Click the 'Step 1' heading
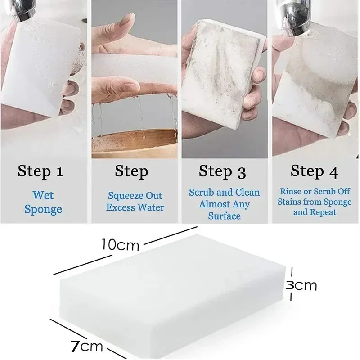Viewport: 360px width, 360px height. click(x=40, y=171)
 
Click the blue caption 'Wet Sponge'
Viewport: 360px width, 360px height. click(x=43, y=202)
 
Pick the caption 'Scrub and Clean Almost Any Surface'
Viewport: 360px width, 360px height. click(x=224, y=204)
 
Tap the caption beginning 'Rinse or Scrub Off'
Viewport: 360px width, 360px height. click(x=315, y=202)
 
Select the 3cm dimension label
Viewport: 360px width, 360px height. click(x=302, y=285)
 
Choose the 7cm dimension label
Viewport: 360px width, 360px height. click(x=87, y=347)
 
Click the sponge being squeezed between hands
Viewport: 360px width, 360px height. click(x=135, y=67)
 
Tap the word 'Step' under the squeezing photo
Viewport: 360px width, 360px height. click(x=131, y=171)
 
